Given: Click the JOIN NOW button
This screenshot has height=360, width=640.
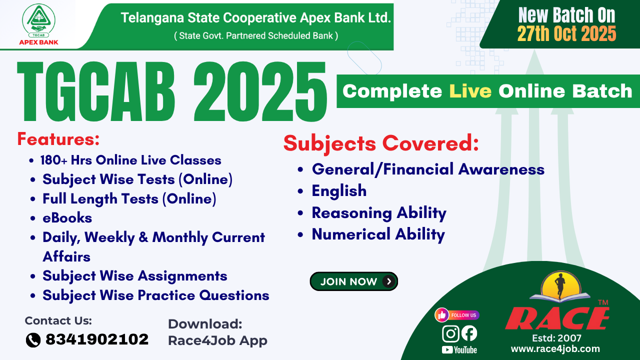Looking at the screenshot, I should pyautogui.click(x=353, y=281).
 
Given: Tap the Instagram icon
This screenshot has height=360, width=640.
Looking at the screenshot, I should pyautogui.click(x=450, y=333).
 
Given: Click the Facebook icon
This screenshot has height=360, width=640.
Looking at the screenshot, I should pyautogui.click(x=469, y=333).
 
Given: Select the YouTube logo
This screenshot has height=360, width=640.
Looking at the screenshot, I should pyautogui.click(x=459, y=350).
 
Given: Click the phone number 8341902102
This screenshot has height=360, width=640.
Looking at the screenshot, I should pyautogui.click(x=97, y=339).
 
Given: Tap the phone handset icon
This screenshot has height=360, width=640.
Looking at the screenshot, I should pyautogui.click(x=33, y=340).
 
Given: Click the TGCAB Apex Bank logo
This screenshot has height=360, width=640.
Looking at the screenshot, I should pyautogui.click(x=38, y=24).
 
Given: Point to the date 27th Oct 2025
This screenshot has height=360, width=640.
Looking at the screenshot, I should pyautogui.click(x=566, y=34).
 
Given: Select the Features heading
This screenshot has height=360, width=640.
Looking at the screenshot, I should pyautogui.click(x=58, y=138).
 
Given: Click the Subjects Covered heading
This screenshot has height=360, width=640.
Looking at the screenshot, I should pyautogui.click(x=381, y=144).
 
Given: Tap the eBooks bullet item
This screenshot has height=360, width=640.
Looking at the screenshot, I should pyautogui.click(x=67, y=218).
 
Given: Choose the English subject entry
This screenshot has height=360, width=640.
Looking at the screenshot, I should pyautogui.click(x=339, y=190).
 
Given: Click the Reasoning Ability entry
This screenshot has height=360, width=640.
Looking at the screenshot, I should pyautogui.click(x=378, y=212).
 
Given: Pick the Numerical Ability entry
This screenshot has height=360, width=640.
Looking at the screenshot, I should pyautogui.click(x=378, y=234).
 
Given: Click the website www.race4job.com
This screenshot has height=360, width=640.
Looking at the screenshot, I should pyautogui.click(x=555, y=349).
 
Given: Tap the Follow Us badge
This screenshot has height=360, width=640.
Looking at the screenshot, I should pyautogui.click(x=457, y=315).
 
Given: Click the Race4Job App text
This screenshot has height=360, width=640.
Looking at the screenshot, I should pyautogui.click(x=217, y=340).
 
